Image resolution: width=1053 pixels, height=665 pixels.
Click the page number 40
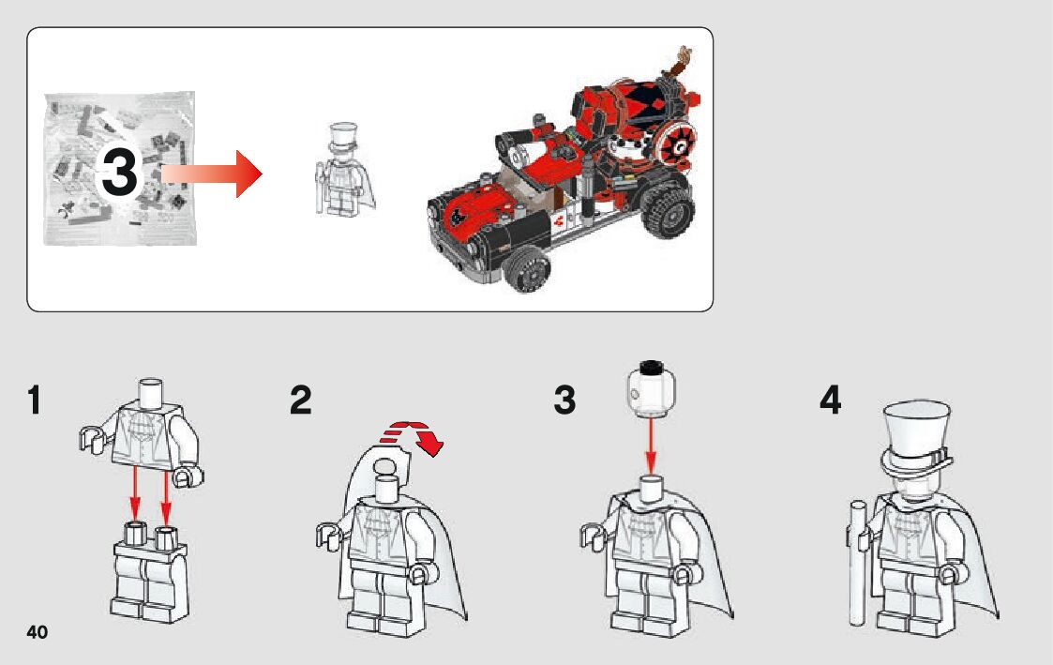coord(37,632)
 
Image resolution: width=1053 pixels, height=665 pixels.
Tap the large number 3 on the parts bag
coord(119,172)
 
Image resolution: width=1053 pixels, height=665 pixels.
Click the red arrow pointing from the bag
coord(212,174)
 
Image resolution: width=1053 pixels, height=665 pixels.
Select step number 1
coord(35,401)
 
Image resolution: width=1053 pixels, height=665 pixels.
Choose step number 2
coord(300,401)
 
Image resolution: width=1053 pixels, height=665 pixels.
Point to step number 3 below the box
coord(564,401)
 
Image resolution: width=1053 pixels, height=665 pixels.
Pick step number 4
coord(830,401)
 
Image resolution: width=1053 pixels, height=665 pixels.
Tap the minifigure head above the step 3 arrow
coord(651,388)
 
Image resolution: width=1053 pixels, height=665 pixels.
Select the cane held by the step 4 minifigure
coord(858,562)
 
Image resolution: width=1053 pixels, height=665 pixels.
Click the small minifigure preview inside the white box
coord(344,169)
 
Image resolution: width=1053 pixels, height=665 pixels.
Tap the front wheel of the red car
coord(529,268)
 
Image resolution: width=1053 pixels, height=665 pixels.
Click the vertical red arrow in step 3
coord(650,446)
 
